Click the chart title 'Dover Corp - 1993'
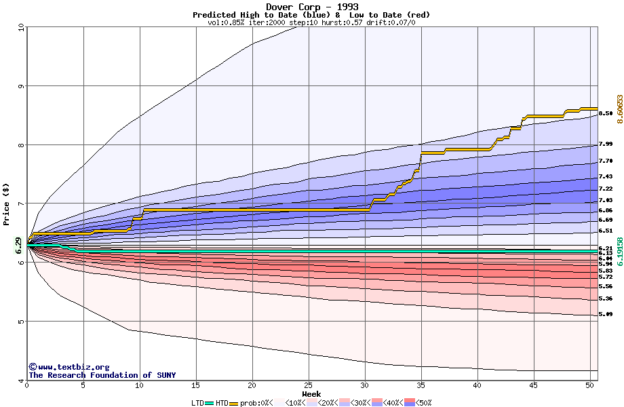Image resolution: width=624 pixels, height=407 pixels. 311,7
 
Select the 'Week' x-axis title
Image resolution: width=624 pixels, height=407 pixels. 311,394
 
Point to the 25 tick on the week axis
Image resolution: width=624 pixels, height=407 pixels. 309,385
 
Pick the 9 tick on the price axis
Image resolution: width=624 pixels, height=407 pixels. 20,86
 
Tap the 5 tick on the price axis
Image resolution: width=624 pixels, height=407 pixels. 20,322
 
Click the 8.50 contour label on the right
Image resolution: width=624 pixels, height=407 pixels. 606,113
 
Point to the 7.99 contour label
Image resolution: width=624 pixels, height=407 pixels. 606,144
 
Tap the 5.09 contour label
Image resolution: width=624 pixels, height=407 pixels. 606,315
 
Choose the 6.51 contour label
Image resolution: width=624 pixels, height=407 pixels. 606,231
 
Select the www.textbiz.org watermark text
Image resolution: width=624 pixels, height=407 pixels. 69,367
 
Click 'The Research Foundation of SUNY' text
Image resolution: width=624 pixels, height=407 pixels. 102,375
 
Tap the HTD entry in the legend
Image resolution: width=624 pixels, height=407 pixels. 221,403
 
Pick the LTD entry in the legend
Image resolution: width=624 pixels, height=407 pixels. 198,403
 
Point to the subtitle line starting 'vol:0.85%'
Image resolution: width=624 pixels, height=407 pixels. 311,22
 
